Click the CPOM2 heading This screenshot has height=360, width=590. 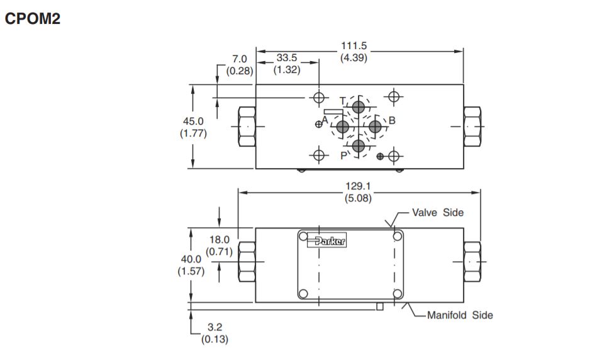tap(32, 18)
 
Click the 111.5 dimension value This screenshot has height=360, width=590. tap(353, 45)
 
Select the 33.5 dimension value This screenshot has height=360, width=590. tap(287, 58)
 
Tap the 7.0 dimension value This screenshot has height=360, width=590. tap(239, 59)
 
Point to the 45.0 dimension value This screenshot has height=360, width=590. tap(193, 121)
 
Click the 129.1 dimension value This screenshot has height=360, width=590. tap(358, 186)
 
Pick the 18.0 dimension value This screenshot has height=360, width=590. tap(220, 240)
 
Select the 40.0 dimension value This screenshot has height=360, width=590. tap(191, 259)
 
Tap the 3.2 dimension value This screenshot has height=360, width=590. tap(215, 327)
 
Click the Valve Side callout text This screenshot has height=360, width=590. tap(438, 212)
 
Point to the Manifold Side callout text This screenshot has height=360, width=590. tap(460, 315)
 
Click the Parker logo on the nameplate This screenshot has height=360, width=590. tap(326, 240)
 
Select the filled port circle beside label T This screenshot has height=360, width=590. tap(359, 107)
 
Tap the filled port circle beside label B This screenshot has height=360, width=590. tap(375, 127)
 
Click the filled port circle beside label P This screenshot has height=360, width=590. tap(359, 146)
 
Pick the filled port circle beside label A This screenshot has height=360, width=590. tap(342, 127)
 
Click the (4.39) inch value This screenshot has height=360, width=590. tap(353, 58)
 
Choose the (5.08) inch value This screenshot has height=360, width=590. tap(358, 198)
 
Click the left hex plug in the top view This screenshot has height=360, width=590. tap(247, 127)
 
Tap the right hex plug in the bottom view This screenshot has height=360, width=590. tap(472, 261)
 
